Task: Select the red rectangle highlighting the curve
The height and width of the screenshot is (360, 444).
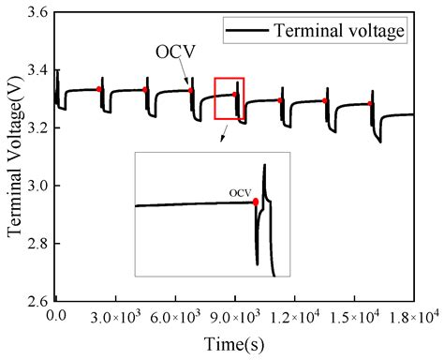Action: pyautogui.click(x=229, y=98)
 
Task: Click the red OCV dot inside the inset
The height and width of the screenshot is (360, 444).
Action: pyautogui.click(x=256, y=202)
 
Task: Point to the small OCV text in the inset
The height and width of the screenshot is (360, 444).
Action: pyautogui.click(x=241, y=193)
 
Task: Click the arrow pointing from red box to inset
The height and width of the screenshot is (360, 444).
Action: pyautogui.click(x=223, y=136)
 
